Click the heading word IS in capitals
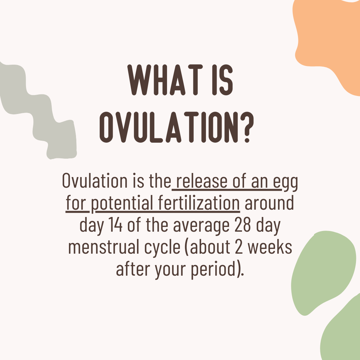222,80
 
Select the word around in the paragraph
269,203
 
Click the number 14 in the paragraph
115,225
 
